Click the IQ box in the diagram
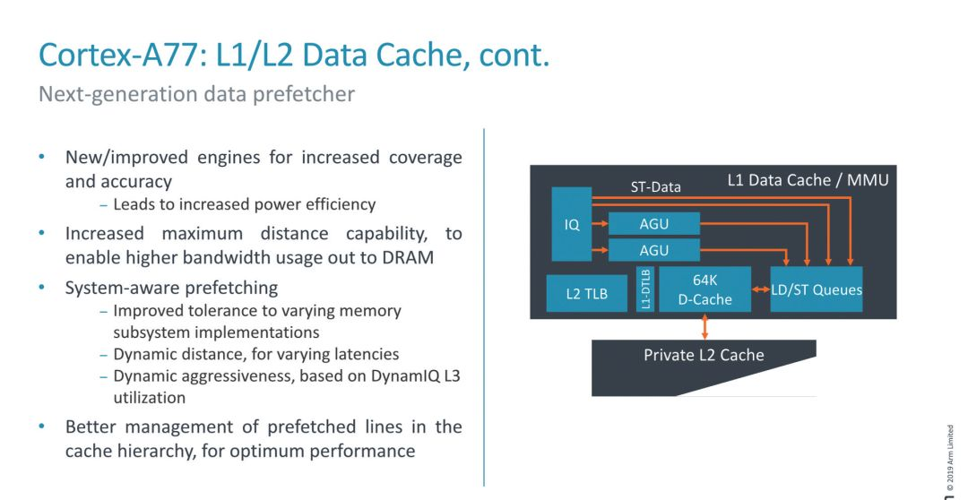571,224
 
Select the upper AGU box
654,223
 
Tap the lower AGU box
654,250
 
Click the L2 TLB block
586,293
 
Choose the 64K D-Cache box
704,289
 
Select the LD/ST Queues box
817,289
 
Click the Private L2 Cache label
704,355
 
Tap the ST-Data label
654,187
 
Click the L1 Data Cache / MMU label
808,180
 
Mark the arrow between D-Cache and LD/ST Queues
760,289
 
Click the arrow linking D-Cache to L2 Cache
704,325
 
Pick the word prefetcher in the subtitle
309,93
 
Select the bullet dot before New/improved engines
41,158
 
